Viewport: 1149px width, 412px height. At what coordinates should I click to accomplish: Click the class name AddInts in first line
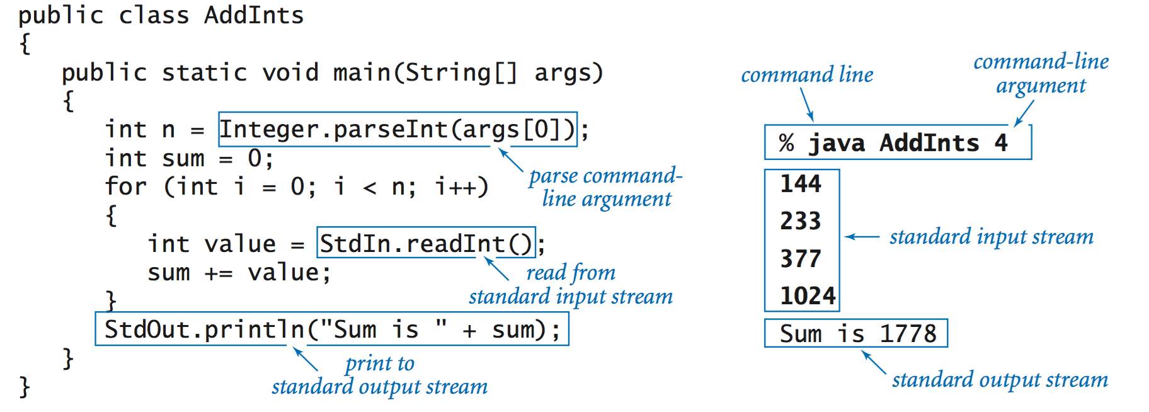253,15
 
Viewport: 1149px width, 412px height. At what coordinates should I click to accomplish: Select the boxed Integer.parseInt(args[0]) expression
397,129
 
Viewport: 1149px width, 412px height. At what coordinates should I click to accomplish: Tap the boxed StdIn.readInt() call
426,243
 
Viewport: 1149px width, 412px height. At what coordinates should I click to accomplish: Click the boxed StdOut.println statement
331,329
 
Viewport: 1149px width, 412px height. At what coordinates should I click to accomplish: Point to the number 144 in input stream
801,184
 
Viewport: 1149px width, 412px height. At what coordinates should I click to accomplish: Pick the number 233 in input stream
801,221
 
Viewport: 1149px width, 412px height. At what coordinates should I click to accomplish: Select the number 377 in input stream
801,258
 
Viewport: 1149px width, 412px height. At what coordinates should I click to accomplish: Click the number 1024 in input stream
808,295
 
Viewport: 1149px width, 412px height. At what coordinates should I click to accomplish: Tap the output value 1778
908,333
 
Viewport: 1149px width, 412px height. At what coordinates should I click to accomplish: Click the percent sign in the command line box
786,143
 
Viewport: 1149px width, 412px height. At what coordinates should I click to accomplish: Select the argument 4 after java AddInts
1001,143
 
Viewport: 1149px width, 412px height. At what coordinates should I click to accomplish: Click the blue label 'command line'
807,75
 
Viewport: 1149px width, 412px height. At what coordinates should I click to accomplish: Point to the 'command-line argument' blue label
1041,73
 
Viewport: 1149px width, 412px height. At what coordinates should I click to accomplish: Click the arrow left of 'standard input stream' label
862,237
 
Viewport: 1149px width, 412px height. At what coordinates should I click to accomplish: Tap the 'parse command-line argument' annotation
605,187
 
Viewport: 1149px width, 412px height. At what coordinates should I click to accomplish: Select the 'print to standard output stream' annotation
379,375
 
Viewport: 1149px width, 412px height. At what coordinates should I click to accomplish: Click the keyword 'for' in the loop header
126,186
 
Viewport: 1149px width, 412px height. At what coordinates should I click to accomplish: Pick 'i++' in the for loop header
461,186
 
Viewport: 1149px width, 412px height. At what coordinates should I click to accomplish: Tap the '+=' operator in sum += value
218,273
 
